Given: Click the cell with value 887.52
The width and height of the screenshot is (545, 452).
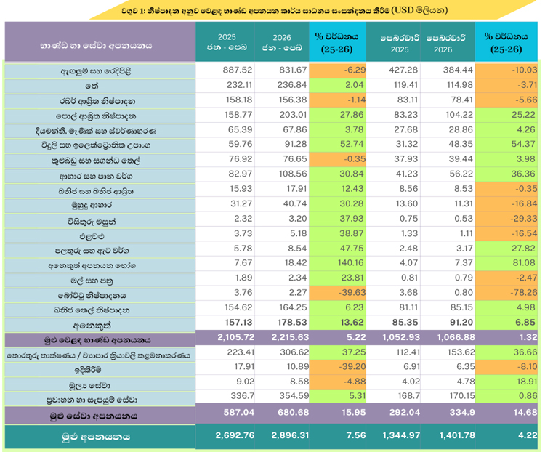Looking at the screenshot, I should [x=227, y=71].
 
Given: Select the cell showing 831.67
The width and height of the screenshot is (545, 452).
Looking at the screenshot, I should [x=281, y=71].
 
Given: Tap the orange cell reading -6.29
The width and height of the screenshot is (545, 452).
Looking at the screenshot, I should [x=336, y=71].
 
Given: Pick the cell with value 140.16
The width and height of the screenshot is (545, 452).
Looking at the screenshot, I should [x=336, y=266].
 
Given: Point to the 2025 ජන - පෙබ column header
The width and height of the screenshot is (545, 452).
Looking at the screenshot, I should [x=227, y=42].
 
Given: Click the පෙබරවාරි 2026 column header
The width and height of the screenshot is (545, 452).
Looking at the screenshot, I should [x=447, y=42].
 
